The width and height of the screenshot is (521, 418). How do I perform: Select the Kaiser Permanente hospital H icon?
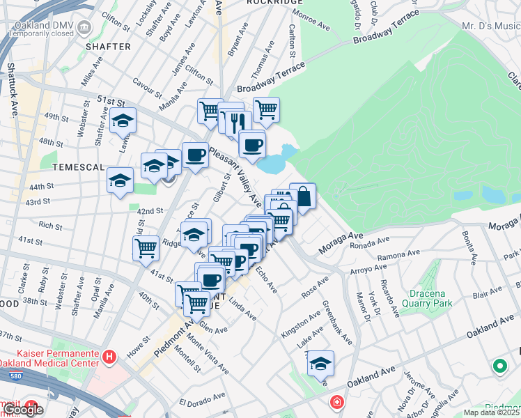pyautogui.click(x=109, y=357)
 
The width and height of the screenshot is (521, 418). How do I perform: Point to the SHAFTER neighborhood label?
pyautogui.click(x=108, y=47)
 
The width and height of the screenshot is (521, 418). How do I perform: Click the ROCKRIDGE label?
pyautogui.click(x=270, y=3)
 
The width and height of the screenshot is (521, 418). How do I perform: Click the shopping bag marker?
pyautogui.click(x=302, y=196)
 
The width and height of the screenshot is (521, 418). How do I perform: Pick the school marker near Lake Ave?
pyautogui.click(x=320, y=364)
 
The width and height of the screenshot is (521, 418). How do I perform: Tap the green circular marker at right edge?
pyautogui.click(x=499, y=365)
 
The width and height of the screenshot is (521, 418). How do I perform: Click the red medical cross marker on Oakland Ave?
pyautogui.click(x=336, y=403)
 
